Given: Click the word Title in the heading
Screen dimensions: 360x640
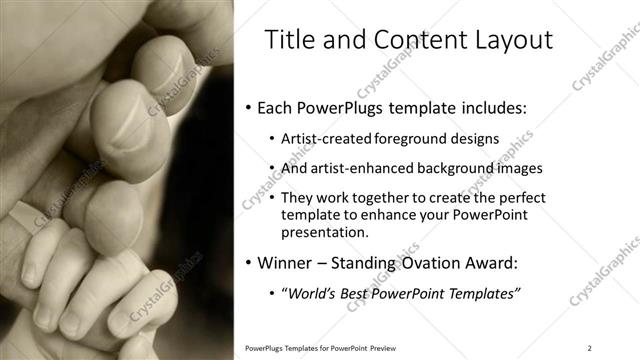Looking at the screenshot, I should click(x=286, y=41).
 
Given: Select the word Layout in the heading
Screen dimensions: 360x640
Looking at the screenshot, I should click(x=508, y=41).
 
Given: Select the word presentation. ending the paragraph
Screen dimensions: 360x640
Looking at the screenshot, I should click(x=325, y=232).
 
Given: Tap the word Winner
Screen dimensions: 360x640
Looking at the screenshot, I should click(x=287, y=264).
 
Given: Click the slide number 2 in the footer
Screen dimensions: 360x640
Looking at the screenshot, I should click(x=589, y=347).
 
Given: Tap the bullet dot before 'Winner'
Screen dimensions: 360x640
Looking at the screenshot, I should click(x=248, y=265).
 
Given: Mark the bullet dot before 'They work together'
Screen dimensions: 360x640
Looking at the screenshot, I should click(x=273, y=199).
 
